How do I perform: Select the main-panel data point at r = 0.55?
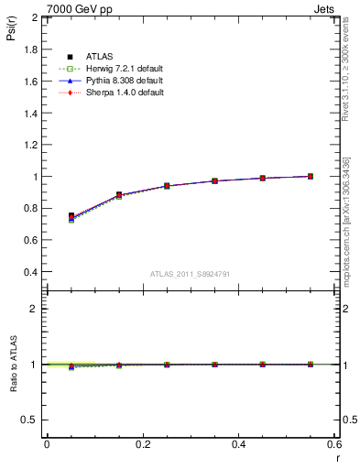tap(311, 176)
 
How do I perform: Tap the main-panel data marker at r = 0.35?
tap(214, 180)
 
